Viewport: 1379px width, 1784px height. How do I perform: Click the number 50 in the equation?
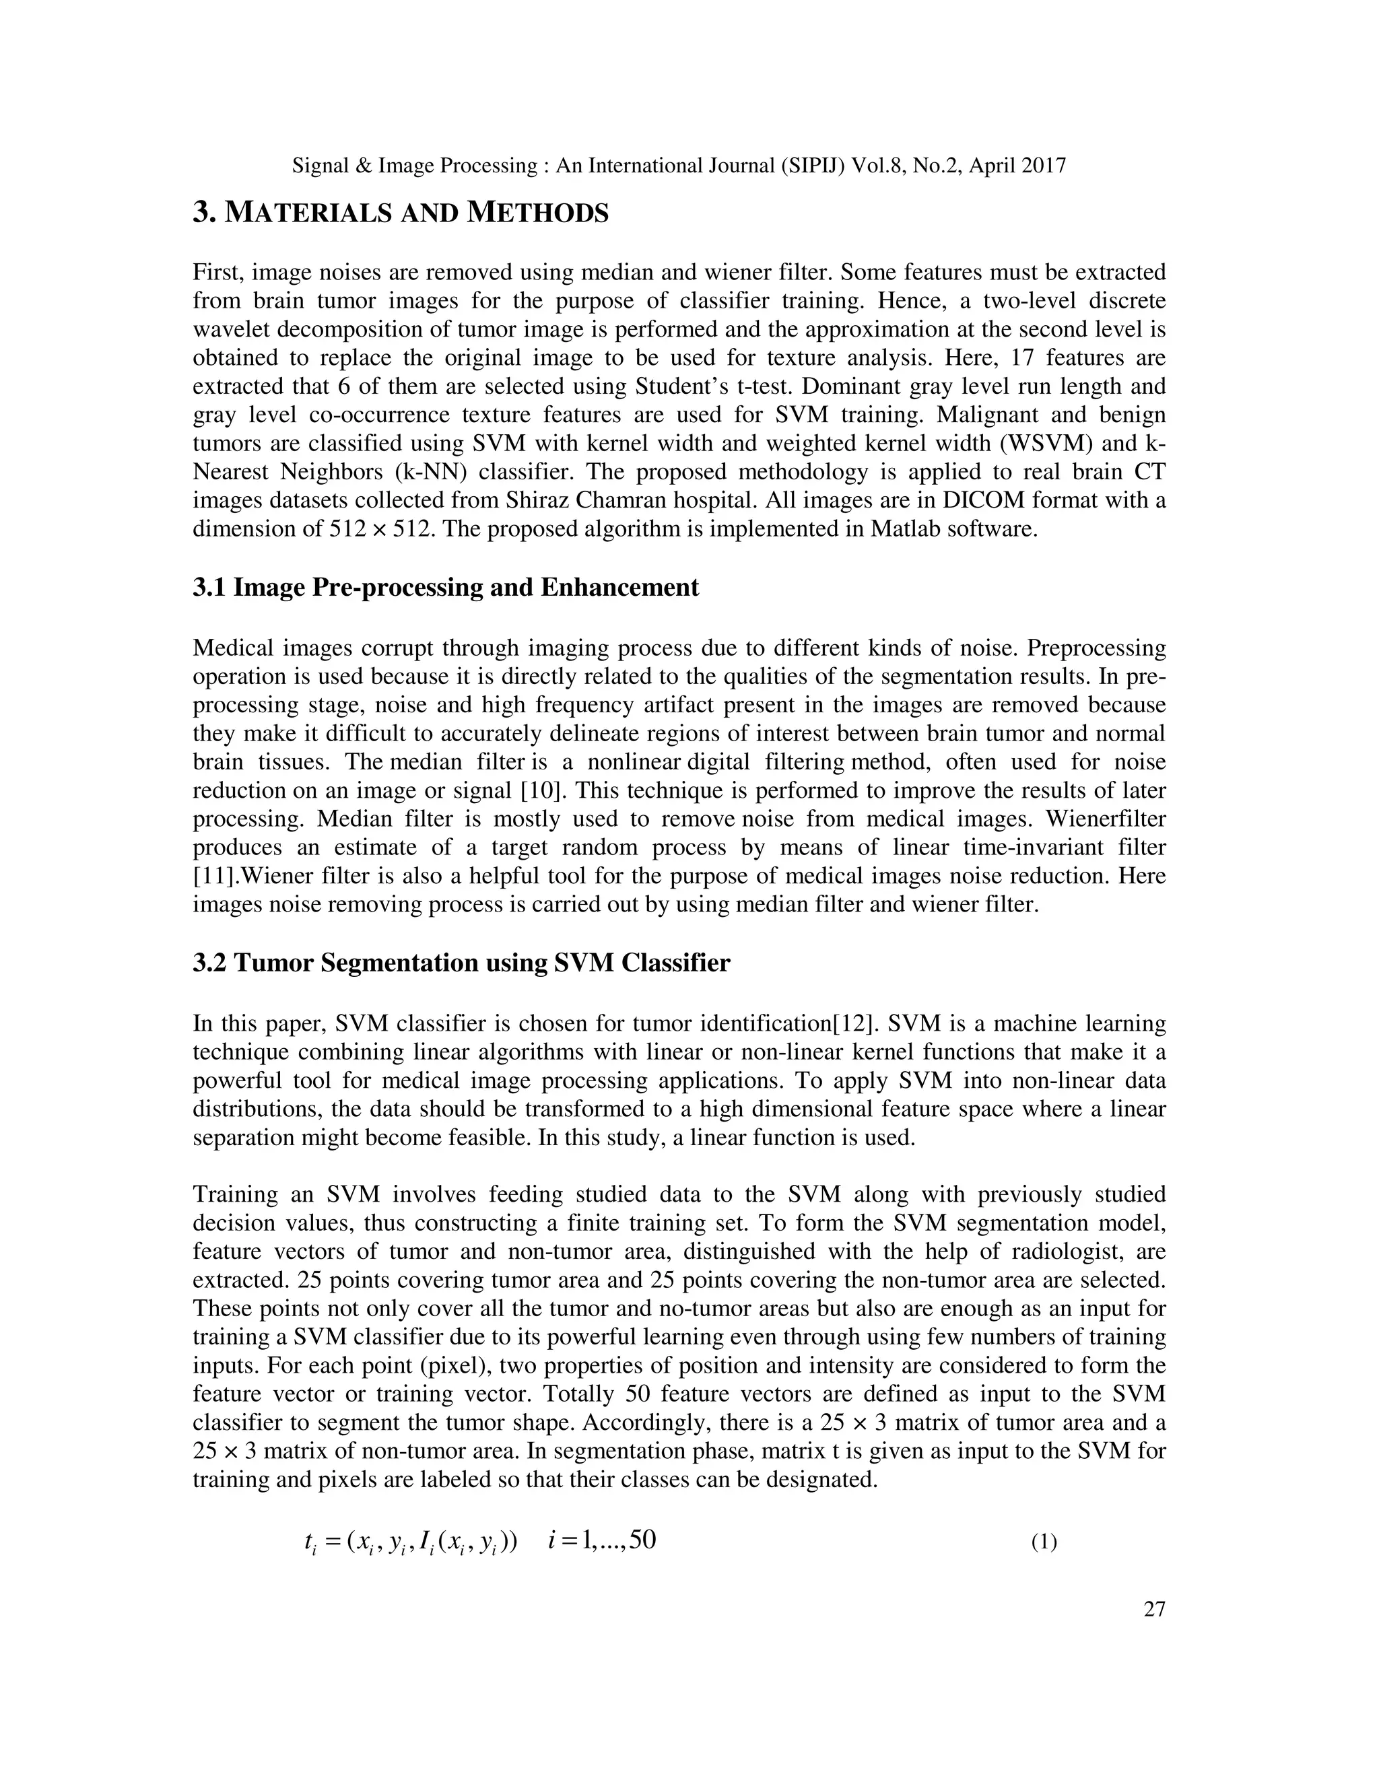pyautogui.click(x=642, y=1540)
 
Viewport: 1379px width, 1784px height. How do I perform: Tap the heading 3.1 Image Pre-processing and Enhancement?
pyautogui.click(x=445, y=587)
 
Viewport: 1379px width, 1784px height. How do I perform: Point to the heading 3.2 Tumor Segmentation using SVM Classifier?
pyautogui.click(x=461, y=963)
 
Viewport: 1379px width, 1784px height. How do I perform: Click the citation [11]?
pyautogui.click(x=213, y=877)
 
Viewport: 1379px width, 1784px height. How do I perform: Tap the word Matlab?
pyautogui.click(x=907, y=528)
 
